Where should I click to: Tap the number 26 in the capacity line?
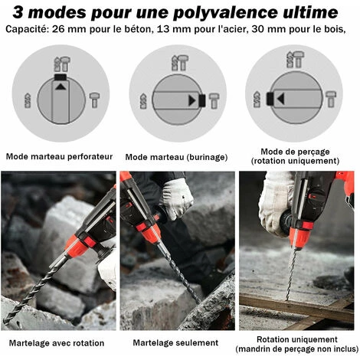(x=57, y=29)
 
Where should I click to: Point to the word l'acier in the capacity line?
(x=235, y=29)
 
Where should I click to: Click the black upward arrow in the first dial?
(x=61, y=87)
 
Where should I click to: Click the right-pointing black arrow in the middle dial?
(x=192, y=100)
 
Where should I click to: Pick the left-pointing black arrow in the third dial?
(x=281, y=99)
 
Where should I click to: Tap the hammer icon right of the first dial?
(x=94, y=100)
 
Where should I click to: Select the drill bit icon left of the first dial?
(x=28, y=100)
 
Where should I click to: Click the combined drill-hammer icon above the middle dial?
(x=180, y=63)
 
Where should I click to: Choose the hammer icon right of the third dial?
(x=331, y=99)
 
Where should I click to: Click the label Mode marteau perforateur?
(x=59, y=156)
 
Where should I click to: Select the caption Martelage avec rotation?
(x=57, y=343)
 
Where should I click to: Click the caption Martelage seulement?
(x=175, y=342)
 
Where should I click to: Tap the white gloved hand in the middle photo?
(x=176, y=198)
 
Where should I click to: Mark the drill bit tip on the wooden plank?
(x=287, y=299)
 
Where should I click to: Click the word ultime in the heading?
(x=310, y=12)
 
